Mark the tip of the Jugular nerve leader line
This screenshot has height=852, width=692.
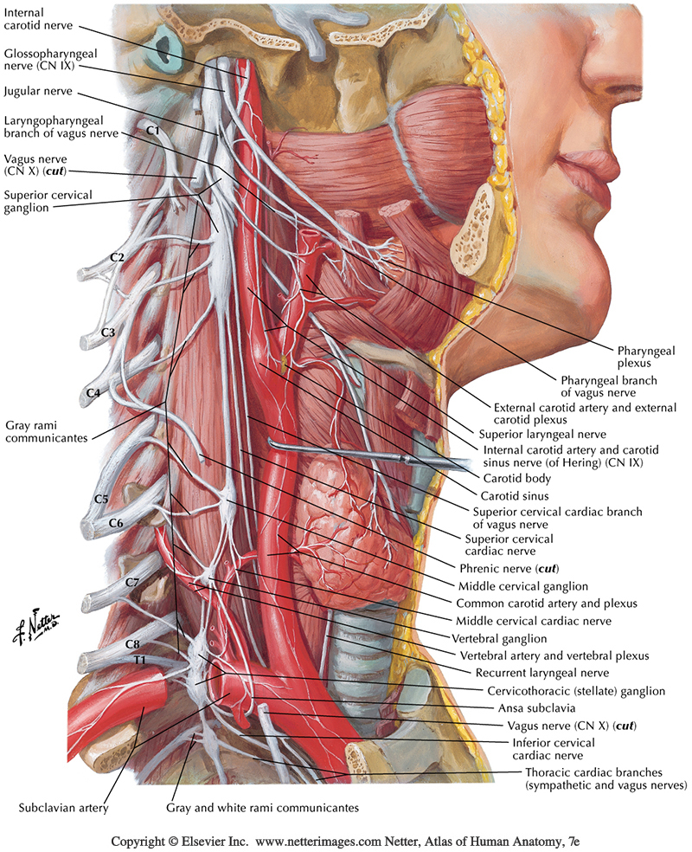pyautogui.click(x=221, y=133)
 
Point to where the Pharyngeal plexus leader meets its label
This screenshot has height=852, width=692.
pyautogui.click(x=614, y=344)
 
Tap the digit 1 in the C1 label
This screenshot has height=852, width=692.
pyautogui.click(x=157, y=131)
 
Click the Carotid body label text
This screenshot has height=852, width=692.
pyautogui.click(x=516, y=479)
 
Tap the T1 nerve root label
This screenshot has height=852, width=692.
pyautogui.click(x=140, y=660)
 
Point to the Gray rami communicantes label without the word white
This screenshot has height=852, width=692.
pyautogui.click(x=46, y=431)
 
